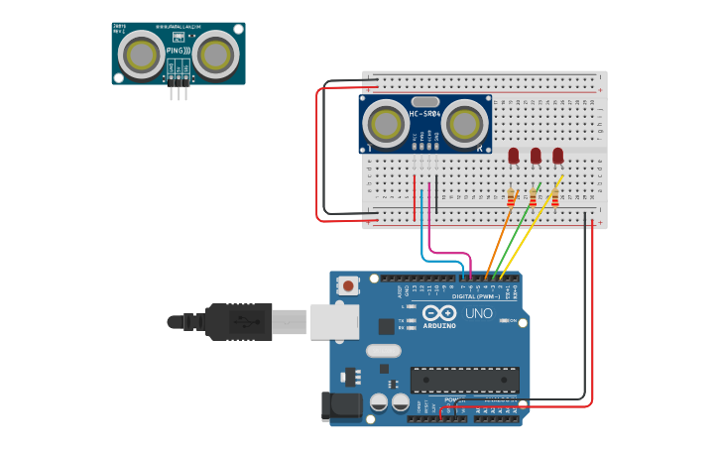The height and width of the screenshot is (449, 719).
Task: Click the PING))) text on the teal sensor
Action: pos(179,50)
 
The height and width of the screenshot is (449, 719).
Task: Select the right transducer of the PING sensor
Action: pos(215,55)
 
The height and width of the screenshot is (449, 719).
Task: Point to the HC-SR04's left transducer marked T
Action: pos(384,124)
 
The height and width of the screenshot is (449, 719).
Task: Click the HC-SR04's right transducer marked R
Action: pos(464,124)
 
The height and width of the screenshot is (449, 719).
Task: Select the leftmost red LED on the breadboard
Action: pos(514,156)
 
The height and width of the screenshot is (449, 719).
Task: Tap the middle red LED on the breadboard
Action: pos(536,156)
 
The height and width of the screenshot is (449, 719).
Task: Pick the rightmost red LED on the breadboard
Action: pos(557,156)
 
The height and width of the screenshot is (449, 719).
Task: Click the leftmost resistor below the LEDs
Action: pos(511,198)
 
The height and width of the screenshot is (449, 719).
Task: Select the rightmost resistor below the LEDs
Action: pos(554,198)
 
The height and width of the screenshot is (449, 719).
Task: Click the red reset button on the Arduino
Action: pos(347,285)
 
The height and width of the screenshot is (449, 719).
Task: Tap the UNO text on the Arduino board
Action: pos(479,314)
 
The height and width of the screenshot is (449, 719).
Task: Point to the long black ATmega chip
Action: pos(464,380)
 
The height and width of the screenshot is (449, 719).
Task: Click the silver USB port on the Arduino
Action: pos(334,321)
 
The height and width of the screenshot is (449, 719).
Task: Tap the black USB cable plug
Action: pos(238,322)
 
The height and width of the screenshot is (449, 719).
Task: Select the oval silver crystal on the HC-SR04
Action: pos(424,101)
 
